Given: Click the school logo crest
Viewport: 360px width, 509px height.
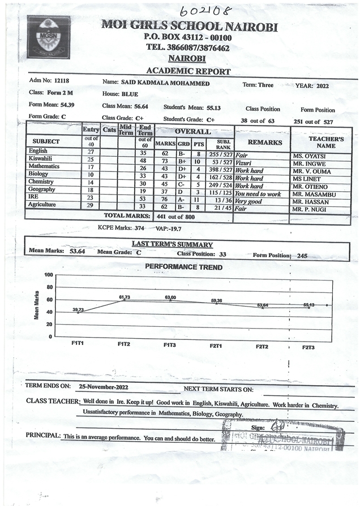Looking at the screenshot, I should [x=49, y=37].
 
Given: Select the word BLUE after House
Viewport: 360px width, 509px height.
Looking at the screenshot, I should [x=131, y=94].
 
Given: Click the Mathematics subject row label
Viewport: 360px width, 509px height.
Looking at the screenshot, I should [x=44, y=167].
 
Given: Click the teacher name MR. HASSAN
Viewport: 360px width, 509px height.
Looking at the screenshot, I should [x=310, y=201].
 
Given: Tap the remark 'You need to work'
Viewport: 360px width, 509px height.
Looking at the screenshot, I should [x=258, y=194].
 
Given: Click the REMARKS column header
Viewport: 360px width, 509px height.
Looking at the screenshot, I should [x=261, y=143].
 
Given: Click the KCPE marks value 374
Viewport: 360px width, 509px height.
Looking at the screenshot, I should [x=139, y=228].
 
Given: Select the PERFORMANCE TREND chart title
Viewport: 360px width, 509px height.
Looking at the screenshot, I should [x=184, y=267].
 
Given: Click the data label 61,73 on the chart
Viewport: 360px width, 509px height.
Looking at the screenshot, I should [x=125, y=297].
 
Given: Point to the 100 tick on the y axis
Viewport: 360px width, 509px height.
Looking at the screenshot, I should [x=49, y=275].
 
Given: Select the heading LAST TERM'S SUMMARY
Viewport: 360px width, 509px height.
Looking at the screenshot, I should [x=172, y=245].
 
